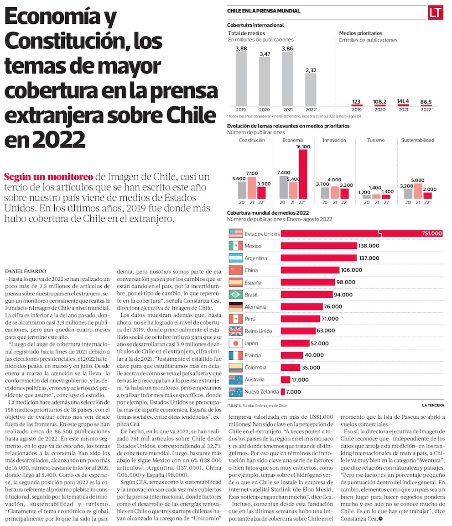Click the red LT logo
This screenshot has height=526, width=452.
tap(436, 13)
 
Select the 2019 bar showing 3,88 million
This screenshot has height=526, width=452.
tap(241, 79)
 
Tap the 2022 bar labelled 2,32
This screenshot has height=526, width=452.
tap(311, 90)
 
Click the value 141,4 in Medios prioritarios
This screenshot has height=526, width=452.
tap(403, 101)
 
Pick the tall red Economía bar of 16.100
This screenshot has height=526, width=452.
tap(303, 174)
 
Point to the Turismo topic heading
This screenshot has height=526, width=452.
tap(376, 140)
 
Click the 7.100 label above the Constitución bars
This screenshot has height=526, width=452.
tap(252, 174)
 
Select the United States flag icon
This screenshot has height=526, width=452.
tap(235, 233)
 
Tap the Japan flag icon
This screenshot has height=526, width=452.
tap(235, 343)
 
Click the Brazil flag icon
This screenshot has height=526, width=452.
tap(235, 295)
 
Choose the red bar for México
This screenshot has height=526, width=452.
tap(319, 246)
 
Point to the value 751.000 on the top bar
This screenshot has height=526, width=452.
tap(431, 233)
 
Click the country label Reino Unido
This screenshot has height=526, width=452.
tap(258, 331)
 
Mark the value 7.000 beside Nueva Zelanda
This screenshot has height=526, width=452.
tap(293, 392)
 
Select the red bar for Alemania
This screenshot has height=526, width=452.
tap(302, 307)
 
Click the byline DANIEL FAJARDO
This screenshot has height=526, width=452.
tap(26, 271)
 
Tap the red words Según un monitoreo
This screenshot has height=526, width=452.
tap(49, 177)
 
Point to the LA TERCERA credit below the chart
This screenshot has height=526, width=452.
tap(433, 405)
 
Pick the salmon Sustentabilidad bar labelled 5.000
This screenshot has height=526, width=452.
tap(418, 191)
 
